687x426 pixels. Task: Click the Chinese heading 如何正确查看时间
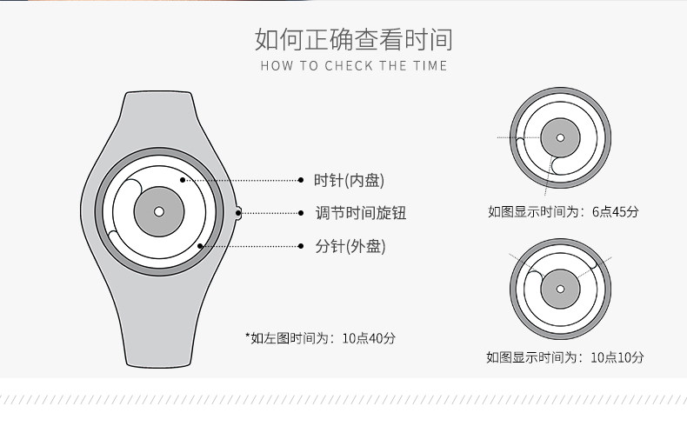(353, 39)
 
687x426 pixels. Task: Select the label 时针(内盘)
(349, 180)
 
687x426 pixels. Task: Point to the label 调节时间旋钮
(360, 213)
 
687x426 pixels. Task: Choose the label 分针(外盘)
(350, 246)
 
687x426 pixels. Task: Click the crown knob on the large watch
(237, 210)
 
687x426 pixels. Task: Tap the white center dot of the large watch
(158, 211)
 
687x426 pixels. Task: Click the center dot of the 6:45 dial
(561, 137)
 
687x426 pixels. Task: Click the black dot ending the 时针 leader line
(183, 180)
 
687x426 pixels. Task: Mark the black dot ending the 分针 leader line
(201, 246)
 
